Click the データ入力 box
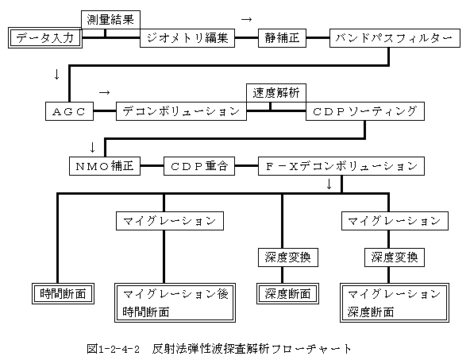point(45,38)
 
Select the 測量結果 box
point(110,20)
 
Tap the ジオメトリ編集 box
point(187,38)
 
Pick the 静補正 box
point(282,38)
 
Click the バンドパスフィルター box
point(395,38)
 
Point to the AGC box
point(69,111)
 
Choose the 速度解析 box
point(276,93)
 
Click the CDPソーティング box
point(365,111)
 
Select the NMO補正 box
point(105,166)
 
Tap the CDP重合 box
point(199,166)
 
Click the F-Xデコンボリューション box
point(341,166)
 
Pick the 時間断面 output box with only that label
point(63,294)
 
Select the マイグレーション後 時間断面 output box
point(175,303)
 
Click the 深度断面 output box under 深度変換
point(287,294)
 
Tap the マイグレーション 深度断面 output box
point(395,303)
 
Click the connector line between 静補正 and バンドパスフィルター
point(318,38)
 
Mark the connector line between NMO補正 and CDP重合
point(152,165)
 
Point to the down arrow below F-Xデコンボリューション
point(329,184)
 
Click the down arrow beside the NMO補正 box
point(92,147)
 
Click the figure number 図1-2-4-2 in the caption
point(114,349)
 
